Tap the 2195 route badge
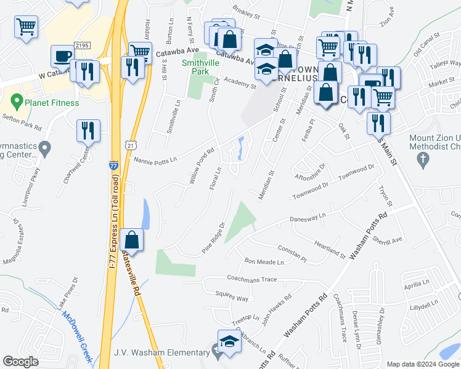(x=82, y=46)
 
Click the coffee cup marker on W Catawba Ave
(x=62, y=56)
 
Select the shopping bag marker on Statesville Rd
(x=132, y=239)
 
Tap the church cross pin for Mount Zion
(x=423, y=161)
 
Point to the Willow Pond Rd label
(x=201, y=167)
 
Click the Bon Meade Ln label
(x=264, y=261)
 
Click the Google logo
(x=20, y=362)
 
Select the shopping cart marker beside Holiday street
(x=140, y=53)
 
